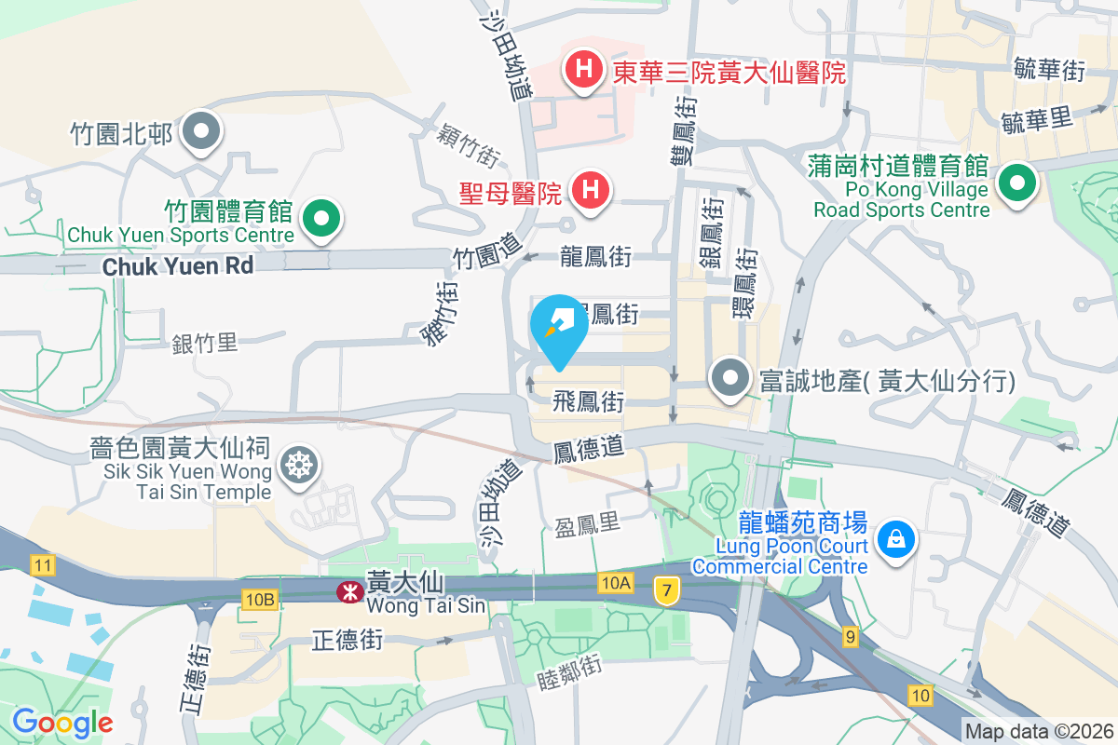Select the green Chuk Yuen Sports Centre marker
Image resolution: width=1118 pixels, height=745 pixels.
pyautogui.click(x=322, y=220)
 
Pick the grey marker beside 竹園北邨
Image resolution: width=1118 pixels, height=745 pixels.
pyautogui.click(x=200, y=132)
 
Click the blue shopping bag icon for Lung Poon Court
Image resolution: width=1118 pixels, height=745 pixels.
pyautogui.click(x=895, y=538)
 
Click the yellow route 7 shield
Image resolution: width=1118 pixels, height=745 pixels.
pyautogui.click(x=665, y=589)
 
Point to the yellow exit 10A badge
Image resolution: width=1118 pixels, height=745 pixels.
pyautogui.click(x=616, y=583)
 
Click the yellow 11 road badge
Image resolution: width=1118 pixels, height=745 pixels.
pyautogui.click(x=41, y=564)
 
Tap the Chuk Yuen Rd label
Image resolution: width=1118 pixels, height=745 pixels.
pyautogui.click(x=177, y=266)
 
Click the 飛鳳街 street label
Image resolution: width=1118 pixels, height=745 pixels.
pyautogui.click(x=588, y=402)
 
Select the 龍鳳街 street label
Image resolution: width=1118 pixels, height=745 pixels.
pyautogui.click(x=596, y=257)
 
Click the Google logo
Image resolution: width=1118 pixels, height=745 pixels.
pyautogui.click(x=61, y=722)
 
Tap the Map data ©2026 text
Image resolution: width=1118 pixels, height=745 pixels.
pyautogui.click(x=1039, y=731)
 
